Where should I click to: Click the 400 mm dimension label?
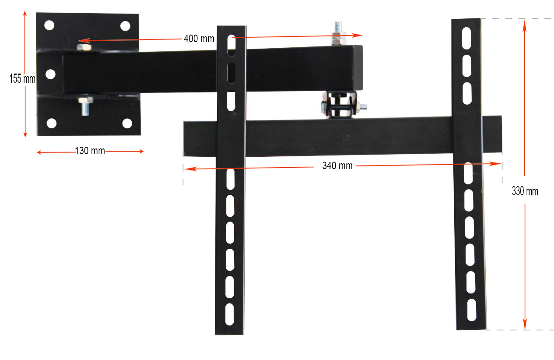[199, 39]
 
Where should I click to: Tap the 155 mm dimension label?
[22, 79]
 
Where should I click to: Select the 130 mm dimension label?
[90, 151]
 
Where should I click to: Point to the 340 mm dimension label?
[337, 166]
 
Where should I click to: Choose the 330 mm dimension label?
[525, 191]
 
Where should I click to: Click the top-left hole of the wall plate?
[49, 25]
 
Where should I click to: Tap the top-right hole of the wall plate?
[125, 26]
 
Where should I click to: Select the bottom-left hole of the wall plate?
[52, 124]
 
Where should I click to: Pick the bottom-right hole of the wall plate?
[127, 124]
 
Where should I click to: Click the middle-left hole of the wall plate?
[50, 74]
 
